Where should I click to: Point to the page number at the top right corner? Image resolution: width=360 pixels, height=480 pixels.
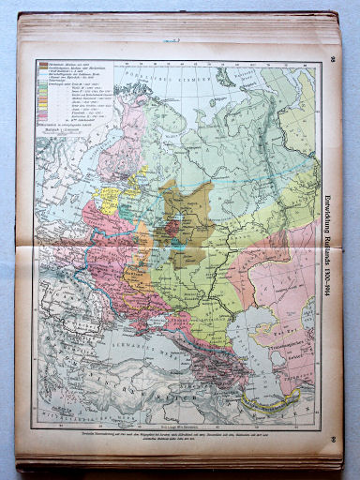(332, 61)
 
